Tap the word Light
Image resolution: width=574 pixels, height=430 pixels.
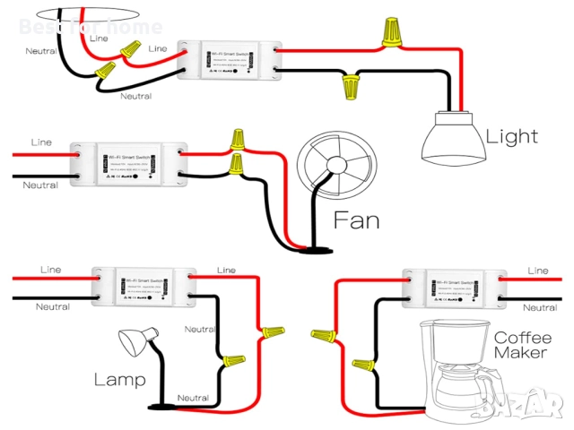point(512,137)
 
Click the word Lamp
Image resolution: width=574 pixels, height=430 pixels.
point(119,379)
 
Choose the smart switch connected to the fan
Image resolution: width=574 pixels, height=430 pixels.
point(128,162)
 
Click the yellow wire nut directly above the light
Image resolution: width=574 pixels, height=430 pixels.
point(391,32)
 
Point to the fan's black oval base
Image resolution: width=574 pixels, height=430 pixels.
point(313,247)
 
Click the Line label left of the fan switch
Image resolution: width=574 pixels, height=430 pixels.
point(41,142)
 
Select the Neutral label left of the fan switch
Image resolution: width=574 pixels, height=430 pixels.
point(41,185)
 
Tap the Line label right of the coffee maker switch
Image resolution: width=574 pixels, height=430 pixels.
point(538,270)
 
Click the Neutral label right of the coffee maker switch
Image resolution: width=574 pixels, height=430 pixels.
point(539,307)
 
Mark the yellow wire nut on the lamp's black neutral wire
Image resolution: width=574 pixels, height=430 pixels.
point(233,363)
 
